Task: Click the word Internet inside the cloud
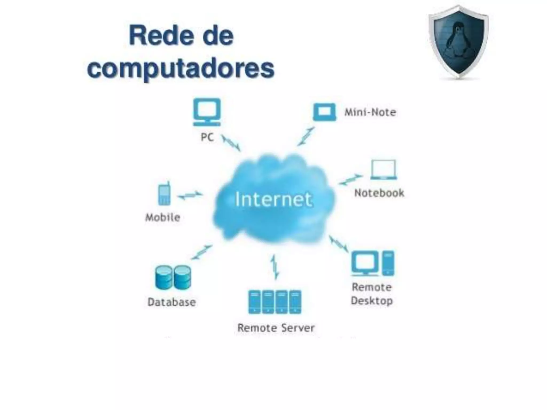273,199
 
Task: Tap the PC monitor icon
207,112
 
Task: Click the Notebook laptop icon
384,170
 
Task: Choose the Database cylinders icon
173,277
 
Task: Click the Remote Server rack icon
275,302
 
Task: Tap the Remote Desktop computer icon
373,263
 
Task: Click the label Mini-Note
370,112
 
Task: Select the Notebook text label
379,193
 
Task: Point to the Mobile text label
163,218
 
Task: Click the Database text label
172,302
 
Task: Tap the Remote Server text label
276,328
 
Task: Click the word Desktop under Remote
372,301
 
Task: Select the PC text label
207,137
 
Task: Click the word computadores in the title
181,68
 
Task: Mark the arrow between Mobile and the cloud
190,195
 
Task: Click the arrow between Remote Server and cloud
274,267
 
